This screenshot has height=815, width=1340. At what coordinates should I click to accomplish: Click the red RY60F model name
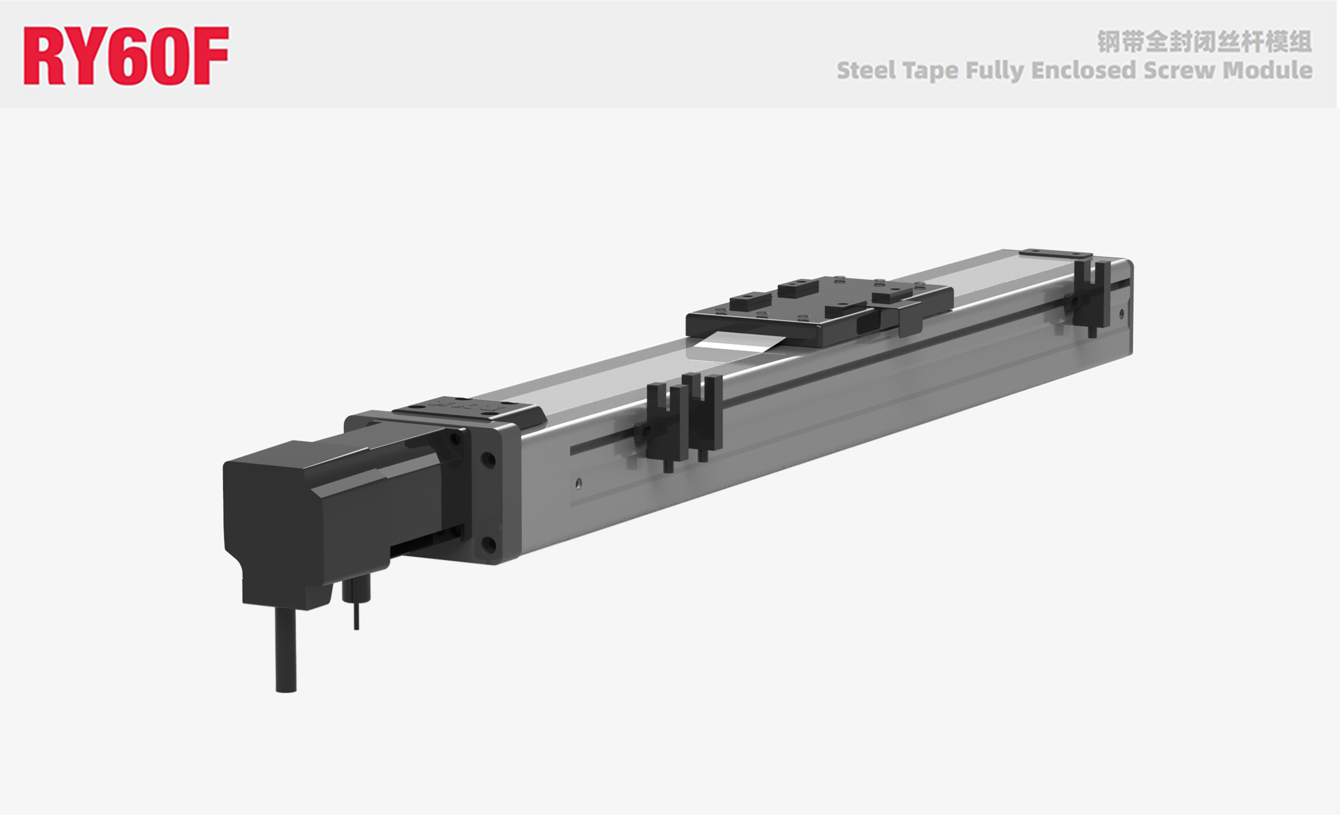126,56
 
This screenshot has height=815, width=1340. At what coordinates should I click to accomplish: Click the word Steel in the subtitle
866,70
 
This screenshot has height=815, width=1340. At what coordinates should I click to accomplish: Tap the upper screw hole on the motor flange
488,460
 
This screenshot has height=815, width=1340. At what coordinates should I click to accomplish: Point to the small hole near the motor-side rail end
578,483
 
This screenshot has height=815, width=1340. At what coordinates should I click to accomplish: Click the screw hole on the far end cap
1121,314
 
